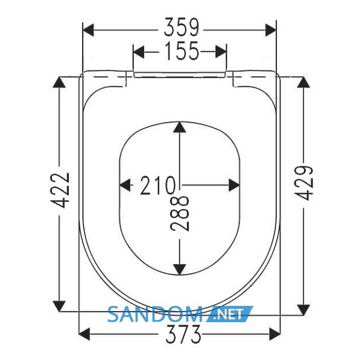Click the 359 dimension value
pyautogui.click(x=181, y=27)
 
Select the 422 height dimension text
pyautogui.click(x=60, y=190)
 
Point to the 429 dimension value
pyautogui.click(x=305, y=183)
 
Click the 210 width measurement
pyautogui.click(x=157, y=185)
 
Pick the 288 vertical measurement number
pyautogui.click(x=180, y=214)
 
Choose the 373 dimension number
pyautogui.click(x=183, y=334)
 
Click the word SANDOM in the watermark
pyautogui.click(x=155, y=314)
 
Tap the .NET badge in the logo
pyautogui.click(x=230, y=314)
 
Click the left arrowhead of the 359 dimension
pyautogui.click(x=88, y=30)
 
